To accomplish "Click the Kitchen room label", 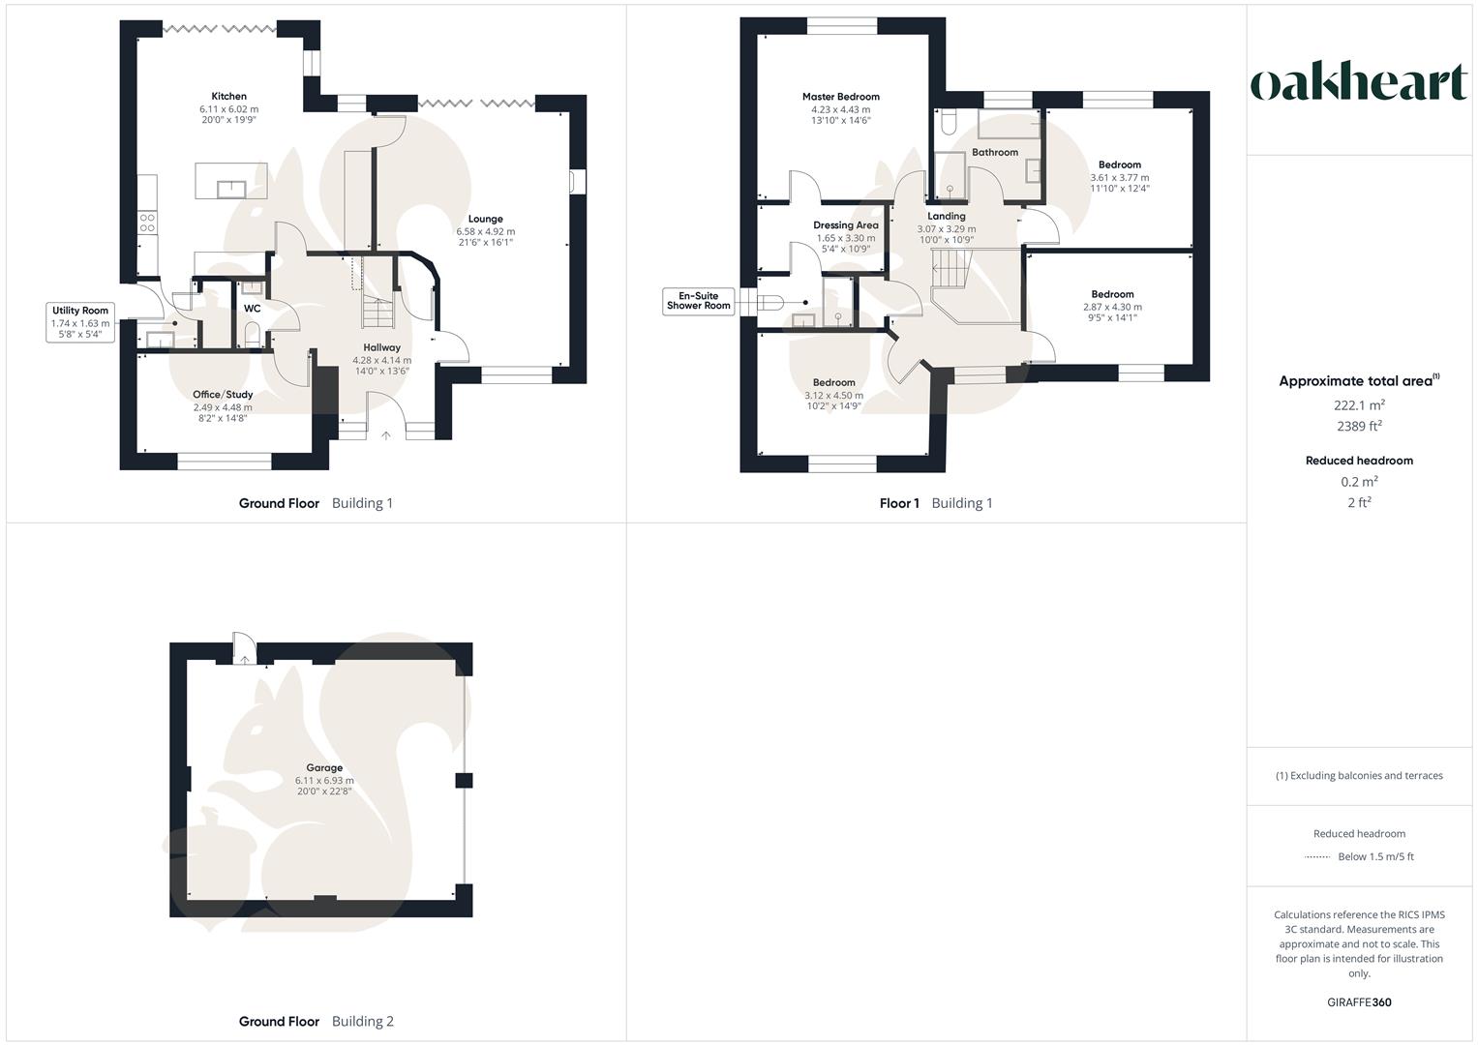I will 229,96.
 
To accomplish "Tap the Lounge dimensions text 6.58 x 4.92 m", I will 486,231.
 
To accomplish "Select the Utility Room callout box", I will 81,322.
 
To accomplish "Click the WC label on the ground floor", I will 252,309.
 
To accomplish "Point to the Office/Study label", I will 223,394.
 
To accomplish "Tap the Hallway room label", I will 381,347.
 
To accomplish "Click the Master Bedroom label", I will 840,97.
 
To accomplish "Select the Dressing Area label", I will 845,225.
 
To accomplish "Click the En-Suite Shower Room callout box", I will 698,301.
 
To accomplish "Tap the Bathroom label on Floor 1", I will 995,152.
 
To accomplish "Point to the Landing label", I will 946,216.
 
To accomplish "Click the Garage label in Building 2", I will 324,767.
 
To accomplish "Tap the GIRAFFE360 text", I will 1359,1002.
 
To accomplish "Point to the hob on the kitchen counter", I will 148,224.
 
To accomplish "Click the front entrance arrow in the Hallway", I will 385,436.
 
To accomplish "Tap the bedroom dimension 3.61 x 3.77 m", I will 1120,178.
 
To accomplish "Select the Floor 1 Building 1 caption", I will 935,503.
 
